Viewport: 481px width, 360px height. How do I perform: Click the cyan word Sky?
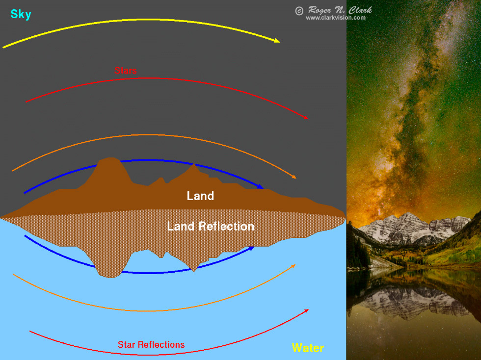pos(21,14)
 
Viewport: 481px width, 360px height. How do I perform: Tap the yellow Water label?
pos(308,348)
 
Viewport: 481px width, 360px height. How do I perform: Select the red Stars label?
pos(126,71)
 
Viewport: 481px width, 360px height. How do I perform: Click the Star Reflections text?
pos(151,345)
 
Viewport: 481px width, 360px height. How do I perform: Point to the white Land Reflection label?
pos(211,226)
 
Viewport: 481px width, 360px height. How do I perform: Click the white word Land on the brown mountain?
pos(200,196)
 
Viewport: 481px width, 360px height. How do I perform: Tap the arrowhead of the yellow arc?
pos(277,41)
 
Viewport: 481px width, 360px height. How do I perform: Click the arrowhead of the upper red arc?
pos(305,117)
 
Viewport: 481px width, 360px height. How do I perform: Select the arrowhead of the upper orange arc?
pos(294,177)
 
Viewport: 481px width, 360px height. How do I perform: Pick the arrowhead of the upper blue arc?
pos(260,186)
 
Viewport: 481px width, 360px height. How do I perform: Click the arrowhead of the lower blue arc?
pos(251,248)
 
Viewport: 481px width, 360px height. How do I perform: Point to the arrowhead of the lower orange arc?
pos(294,266)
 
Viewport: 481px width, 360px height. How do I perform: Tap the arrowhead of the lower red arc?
pos(306,311)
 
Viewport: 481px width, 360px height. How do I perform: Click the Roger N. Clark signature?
pos(340,10)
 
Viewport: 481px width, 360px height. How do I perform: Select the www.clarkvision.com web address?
pos(336,18)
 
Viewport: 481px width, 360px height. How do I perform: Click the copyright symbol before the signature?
pos(299,11)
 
